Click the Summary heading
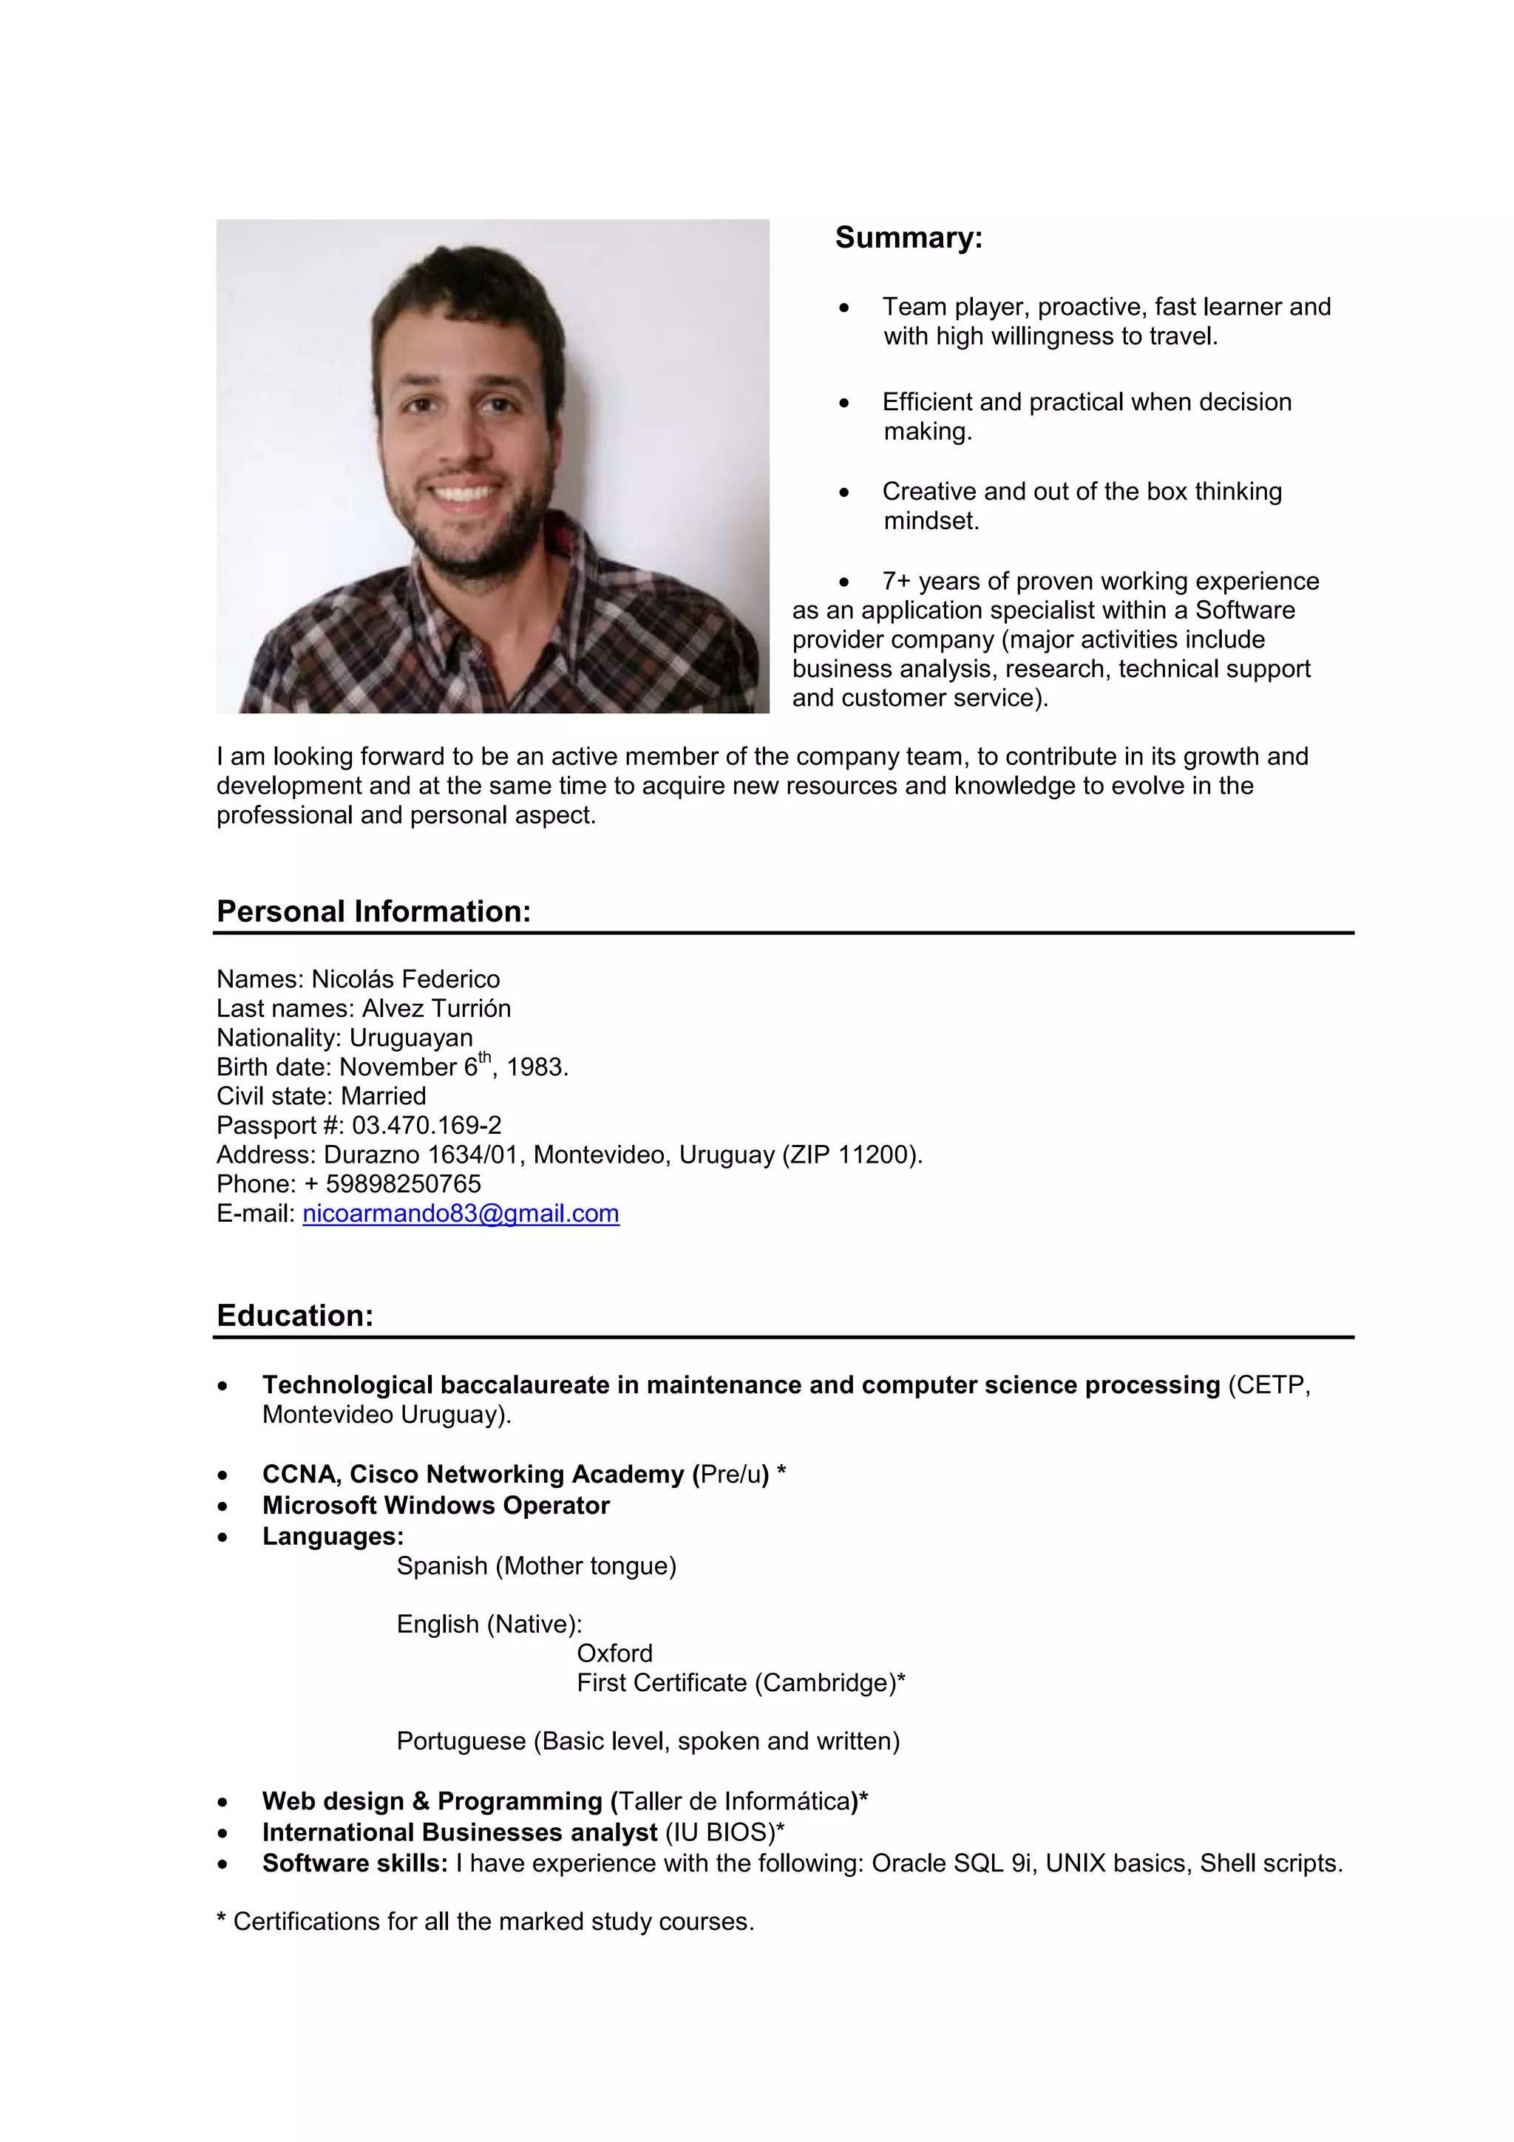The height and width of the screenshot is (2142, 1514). (x=908, y=238)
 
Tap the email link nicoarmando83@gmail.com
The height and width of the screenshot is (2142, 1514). (x=461, y=1213)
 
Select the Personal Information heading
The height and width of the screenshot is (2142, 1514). (x=373, y=911)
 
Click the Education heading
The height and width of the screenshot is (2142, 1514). (x=295, y=1316)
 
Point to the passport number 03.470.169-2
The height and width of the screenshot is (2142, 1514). (x=427, y=1125)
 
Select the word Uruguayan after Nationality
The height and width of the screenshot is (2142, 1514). (x=410, y=1038)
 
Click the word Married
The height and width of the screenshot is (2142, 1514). (x=384, y=1096)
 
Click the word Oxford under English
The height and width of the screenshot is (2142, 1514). (x=614, y=1653)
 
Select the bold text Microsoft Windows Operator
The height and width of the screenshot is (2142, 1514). (x=435, y=1505)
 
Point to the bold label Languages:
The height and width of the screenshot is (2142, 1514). (x=333, y=1536)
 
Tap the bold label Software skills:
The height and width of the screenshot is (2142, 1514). (x=355, y=1863)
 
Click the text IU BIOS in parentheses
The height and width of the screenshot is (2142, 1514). (x=719, y=1832)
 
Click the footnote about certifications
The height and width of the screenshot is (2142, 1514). (x=485, y=1922)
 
